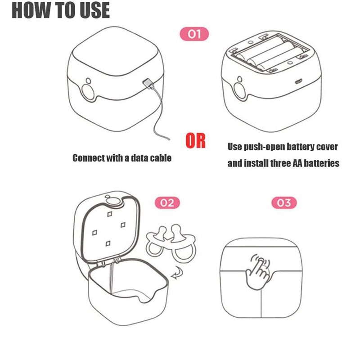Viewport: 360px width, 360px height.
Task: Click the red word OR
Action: point(196,141)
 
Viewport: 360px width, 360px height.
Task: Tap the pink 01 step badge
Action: point(194,35)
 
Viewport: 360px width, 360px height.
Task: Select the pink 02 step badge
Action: point(166,203)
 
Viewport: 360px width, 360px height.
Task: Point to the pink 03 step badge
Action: point(284,203)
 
